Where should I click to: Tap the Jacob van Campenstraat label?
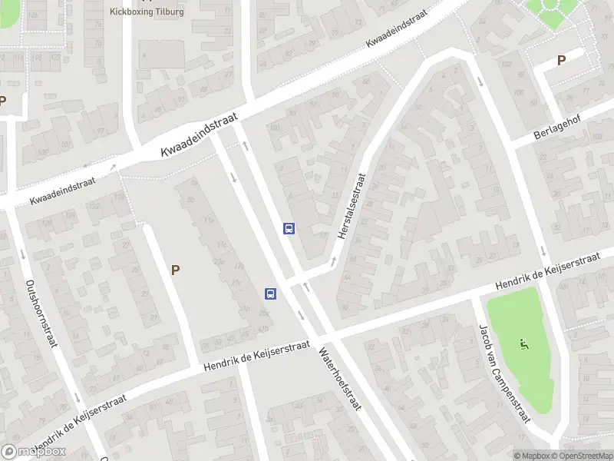click(x=504, y=374)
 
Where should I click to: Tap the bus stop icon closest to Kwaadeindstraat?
click(x=289, y=228)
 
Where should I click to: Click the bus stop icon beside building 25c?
click(x=270, y=294)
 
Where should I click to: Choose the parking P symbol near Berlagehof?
click(x=561, y=60)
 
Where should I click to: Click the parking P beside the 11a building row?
click(x=176, y=270)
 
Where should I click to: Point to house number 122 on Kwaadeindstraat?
click(x=95, y=207)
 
